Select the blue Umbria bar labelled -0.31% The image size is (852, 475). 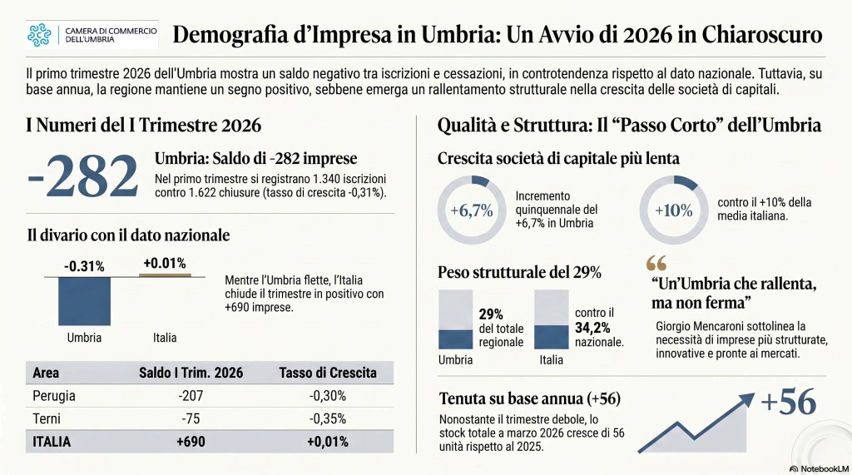84,300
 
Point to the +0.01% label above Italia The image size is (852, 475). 164,264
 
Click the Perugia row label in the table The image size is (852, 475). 54,395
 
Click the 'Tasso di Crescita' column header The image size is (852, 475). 328,373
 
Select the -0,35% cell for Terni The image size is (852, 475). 328,418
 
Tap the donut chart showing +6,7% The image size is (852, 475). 471,210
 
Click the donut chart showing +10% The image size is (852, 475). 673,210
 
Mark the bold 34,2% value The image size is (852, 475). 592,328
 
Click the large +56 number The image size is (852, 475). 788,402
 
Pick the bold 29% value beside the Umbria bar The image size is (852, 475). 491,314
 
